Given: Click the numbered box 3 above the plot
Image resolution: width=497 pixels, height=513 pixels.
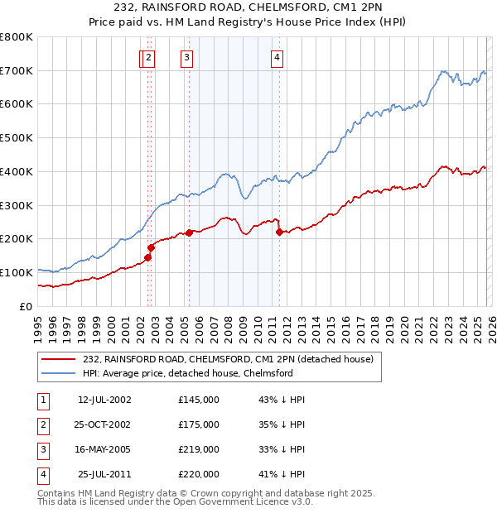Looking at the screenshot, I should tap(186, 57).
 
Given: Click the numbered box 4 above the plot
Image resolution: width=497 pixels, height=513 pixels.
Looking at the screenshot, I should tap(277, 57).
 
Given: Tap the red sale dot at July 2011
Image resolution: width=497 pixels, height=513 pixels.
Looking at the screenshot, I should tap(279, 233).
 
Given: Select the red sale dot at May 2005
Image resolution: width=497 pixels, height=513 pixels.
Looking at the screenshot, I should tap(189, 233).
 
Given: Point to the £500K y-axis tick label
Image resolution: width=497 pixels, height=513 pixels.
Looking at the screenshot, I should tap(17, 138).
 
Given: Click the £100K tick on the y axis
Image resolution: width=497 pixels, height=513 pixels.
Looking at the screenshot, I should tap(17, 272).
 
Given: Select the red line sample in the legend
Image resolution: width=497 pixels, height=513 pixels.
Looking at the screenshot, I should tap(58, 359).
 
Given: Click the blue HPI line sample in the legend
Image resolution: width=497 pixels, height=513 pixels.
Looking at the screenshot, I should tap(58, 373).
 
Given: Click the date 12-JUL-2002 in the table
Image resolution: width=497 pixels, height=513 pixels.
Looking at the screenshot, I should tap(104, 400).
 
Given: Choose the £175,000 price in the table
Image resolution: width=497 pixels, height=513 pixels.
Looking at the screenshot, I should tap(199, 424).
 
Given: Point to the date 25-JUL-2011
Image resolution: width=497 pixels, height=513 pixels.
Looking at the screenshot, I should tap(104, 474).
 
